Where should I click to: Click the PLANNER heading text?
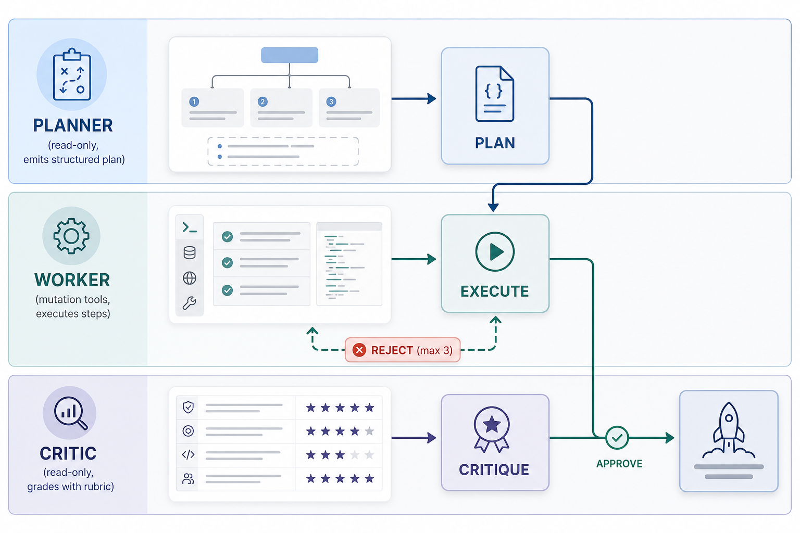pos(73,125)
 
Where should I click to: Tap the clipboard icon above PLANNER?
pos(72,74)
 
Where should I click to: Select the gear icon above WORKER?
pos(71,236)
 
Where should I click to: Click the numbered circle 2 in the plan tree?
pos(262,101)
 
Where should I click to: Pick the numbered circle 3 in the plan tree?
pos(331,101)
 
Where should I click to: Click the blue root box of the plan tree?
pos(290,55)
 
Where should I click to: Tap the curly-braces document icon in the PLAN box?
pos(495,94)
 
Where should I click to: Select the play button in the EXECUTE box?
pos(495,252)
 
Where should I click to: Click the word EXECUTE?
pos(495,291)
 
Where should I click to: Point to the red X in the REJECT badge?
pos(359,350)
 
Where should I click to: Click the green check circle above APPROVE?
pos(617,438)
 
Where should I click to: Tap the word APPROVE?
pos(619,464)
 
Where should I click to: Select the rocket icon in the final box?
pos(729,430)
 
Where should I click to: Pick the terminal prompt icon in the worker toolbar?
pos(190,227)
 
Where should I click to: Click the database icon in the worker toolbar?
pos(190,253)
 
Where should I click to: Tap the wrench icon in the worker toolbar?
pos(189,303)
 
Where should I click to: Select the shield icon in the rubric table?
pos(188,407)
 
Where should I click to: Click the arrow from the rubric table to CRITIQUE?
pos(414,438)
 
